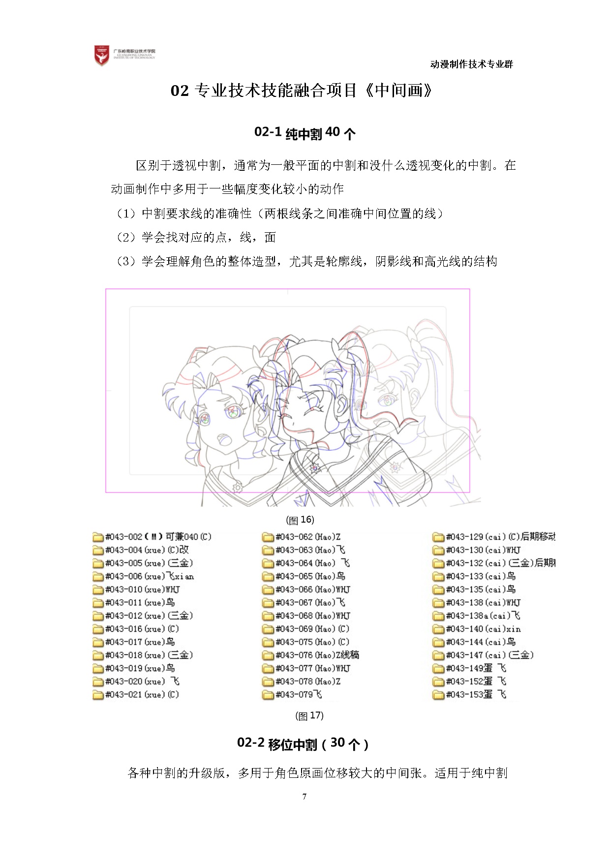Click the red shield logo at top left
(x=102, y=56)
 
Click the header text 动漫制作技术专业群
(x=471, y=64)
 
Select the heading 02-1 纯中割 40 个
(x=305, y=133)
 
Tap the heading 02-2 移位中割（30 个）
(x=303, y=743)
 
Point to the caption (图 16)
(x=300, y=520)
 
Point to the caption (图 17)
(x=309, y=715)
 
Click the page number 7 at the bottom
(x=305, y=797)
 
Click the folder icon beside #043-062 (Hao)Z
(x=268, y=537)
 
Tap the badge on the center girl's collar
(x=315, y=467)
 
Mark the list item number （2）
(x=126, y=238)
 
